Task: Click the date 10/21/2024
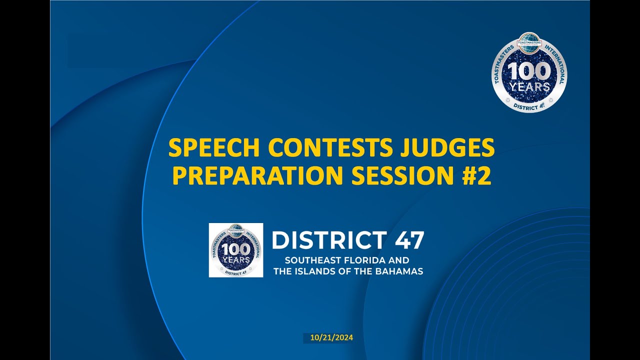tap(331, 338)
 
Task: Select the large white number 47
tap(409, 240)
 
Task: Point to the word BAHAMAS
tap(400, 271)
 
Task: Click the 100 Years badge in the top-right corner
tap(529, 72)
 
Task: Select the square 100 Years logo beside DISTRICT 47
tap(236, 250)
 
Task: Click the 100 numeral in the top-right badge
tap(529, 71)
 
